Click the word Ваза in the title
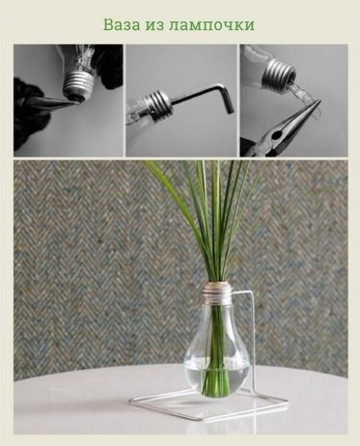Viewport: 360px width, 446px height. [122, 24]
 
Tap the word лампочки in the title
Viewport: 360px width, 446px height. [212, 26]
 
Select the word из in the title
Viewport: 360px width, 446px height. [155, 26]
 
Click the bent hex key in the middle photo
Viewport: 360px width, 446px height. [204, 96]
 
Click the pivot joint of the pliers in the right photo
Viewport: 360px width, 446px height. [275, 135]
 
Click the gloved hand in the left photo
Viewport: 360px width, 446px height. [31, 114]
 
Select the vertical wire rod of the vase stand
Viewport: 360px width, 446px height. [253, 341]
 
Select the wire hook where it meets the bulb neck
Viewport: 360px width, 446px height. [235, 293]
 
